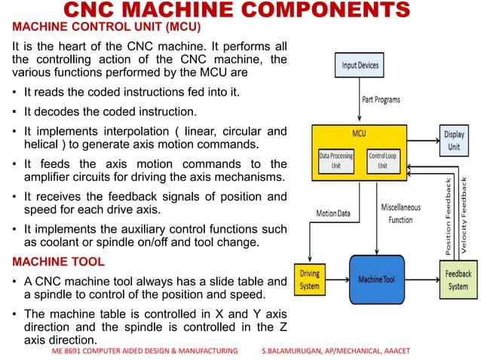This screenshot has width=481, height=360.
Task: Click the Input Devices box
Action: [360, 66]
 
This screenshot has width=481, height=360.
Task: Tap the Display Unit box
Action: [453, 141]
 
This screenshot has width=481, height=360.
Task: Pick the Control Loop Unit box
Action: [382, 160]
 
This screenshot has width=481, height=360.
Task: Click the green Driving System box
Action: [310, 279]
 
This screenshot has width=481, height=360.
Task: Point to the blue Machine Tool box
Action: [376, 280]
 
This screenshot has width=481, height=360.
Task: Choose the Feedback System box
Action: [458, 280]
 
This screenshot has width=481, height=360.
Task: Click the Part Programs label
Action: [381, 99]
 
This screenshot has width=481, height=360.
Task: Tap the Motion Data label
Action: [333, 213]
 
